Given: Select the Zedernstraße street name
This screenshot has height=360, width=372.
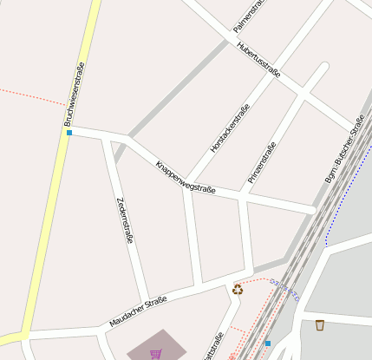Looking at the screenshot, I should click(x=124, y=220).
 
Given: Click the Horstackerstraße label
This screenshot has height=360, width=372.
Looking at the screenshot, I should click(x=230, y=130).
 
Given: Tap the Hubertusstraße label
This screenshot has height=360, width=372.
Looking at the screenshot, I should click(x=258, y=60).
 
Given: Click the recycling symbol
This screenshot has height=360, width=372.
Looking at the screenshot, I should click(x=238, y=289).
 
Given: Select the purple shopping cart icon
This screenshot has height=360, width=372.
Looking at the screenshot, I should click(x=155, y=353).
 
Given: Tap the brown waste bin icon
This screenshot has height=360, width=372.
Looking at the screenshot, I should click(x=320, y=325).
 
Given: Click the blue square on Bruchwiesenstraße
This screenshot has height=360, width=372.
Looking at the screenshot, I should click(x=69, y=133).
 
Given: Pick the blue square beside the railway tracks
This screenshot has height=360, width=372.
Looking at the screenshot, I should click(x=268, y=344).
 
